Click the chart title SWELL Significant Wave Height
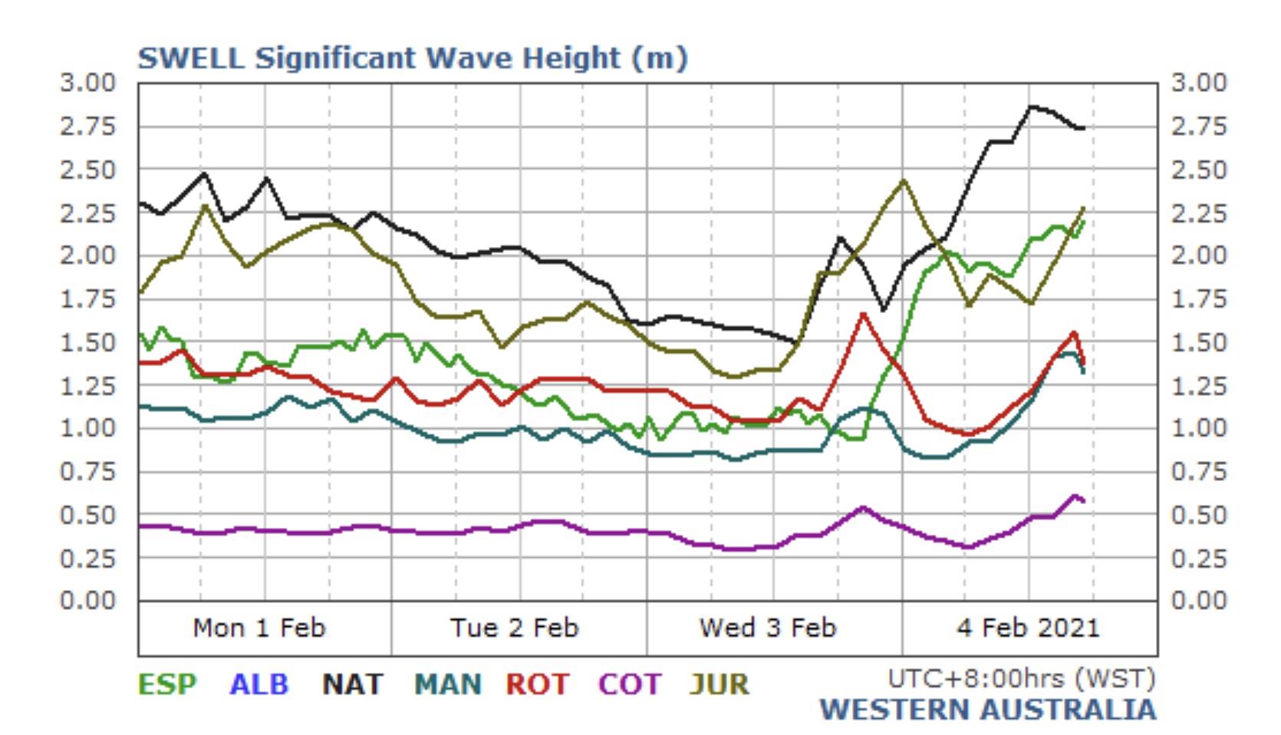(412, 58)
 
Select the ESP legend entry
(166, 684)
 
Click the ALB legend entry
(259, 684)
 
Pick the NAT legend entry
(352, 684)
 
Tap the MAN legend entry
(448, 684)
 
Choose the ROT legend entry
(537, 684)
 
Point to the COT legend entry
(629, 684)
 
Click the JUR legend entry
(719, 684)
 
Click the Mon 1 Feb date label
(259, 628)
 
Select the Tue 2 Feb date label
(514, 628)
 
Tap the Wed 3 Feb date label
(767, 628)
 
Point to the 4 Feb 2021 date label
(1028, 628)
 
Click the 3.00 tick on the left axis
(87, 82)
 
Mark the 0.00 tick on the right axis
(1199, 600)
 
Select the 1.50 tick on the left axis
(87, 342)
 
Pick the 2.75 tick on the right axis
(1199, 126)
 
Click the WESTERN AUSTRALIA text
(988, 710)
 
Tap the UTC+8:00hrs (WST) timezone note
(1021, 678)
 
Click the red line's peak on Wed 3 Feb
(864, 314)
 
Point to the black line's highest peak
(1031, 107)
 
